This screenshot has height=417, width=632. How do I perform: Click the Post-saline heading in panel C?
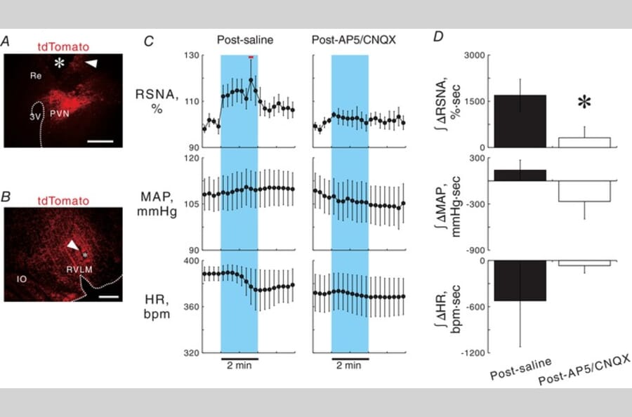(239, 40)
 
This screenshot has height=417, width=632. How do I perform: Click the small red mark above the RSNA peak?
(251, 55)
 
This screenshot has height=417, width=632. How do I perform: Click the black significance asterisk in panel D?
(584, 104)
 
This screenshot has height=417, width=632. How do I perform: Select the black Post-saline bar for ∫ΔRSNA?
(520, 121)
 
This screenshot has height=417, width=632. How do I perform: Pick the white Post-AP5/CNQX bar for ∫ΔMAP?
(584, 191)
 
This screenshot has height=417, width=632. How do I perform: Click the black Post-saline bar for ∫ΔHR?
(520, 280)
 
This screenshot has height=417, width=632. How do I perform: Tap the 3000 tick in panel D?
(474, 55)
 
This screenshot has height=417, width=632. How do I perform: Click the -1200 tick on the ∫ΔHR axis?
(471, 353)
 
